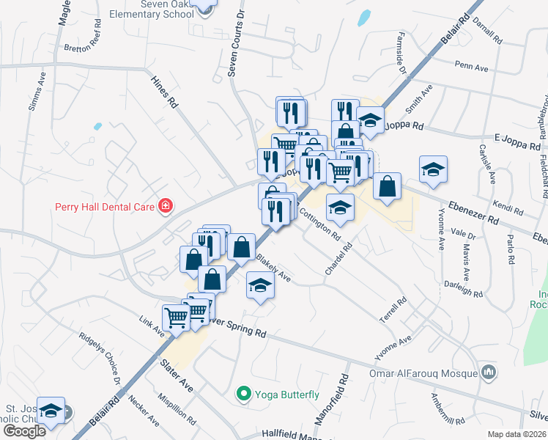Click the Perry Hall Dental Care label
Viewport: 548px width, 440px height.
105,206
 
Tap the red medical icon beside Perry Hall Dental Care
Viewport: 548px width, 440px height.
166,205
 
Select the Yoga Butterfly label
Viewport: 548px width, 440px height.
286,395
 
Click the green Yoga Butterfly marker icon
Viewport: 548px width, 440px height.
244,395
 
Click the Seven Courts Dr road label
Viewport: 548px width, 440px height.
234,44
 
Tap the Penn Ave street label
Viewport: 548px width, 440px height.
472,67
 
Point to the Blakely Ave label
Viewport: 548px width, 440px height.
274,268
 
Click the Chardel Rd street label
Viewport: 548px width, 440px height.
339,260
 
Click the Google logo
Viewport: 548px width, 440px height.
24,431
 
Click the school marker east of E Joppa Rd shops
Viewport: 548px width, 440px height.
433,169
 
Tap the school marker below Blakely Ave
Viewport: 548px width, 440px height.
259,285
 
